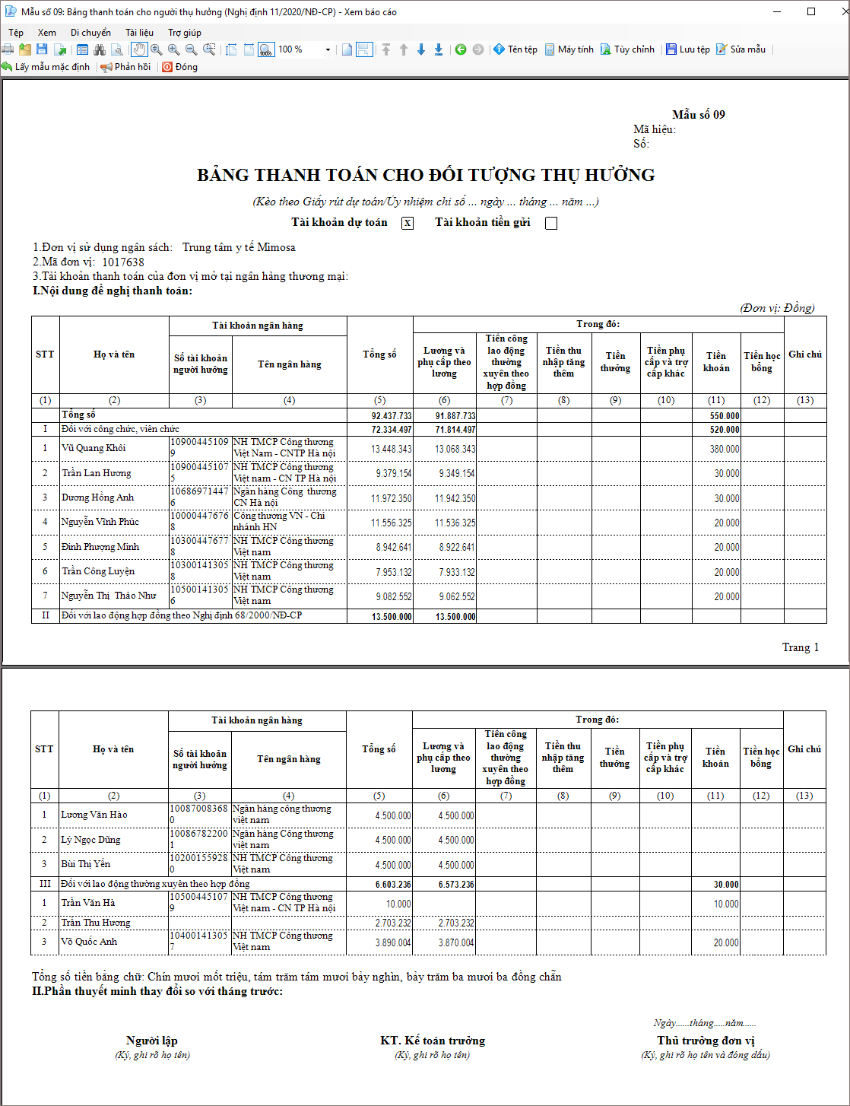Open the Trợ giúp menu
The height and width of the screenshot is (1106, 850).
click(185, 33)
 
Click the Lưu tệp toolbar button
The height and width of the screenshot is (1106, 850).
click(688, 49)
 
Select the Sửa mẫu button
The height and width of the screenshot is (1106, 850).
click(741, 49)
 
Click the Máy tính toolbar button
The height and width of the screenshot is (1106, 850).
click(569, 49)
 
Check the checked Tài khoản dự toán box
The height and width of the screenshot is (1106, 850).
click(408, 223)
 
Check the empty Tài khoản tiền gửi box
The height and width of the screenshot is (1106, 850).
click(551, 223)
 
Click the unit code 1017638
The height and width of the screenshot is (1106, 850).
click(123, 262)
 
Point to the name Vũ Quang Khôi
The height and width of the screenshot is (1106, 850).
click(94, 448)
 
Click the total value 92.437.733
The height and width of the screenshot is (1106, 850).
click(392, 416)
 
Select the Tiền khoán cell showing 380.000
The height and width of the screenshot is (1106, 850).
click(725, 449)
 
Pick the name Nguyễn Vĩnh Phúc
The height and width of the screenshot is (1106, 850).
click(100, 522)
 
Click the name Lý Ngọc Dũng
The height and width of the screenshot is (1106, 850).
click(90, 840)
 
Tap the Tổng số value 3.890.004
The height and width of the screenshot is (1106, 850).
click(392, 942)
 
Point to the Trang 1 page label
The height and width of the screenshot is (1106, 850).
click(800, 647)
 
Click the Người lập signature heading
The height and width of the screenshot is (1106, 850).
click(152, 1041)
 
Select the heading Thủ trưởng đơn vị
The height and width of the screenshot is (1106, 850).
click(706, 1041)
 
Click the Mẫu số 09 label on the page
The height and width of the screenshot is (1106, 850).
click(698, 115)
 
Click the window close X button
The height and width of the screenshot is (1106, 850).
click(838, 11)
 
